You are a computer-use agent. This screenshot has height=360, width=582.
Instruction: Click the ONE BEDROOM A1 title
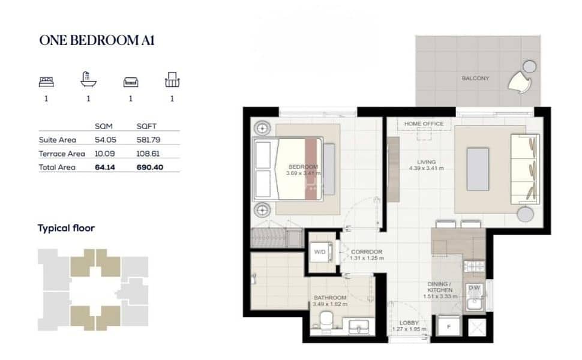point(97,40)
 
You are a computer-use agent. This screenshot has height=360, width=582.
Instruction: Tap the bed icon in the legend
point(46,82)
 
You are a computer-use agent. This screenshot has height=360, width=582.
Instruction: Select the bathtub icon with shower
point(88,79)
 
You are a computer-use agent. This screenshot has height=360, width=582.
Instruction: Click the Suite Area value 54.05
point(106,140)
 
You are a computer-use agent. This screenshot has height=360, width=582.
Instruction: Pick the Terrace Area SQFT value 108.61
point(148,154)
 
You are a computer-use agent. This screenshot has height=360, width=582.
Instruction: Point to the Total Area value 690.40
point(150,167)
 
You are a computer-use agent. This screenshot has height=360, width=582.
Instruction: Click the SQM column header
point(104,126)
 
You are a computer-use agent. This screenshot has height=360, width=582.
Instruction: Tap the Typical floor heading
point(66,228)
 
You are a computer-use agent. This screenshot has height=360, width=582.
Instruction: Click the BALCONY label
point(475,79)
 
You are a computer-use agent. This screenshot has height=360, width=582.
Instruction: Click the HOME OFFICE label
point(424,124)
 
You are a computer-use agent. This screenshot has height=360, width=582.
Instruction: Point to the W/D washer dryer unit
point(320,252)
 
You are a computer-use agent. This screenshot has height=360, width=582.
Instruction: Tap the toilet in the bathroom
point(326,320)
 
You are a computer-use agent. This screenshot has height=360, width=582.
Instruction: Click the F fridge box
point(449,326)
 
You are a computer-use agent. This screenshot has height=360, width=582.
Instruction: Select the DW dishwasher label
point(474,287)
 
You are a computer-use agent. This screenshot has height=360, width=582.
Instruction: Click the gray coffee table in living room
point(478,169)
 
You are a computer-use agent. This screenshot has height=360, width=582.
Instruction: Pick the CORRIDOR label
point(367,251)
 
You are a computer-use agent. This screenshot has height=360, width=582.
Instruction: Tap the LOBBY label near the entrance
point(409,323)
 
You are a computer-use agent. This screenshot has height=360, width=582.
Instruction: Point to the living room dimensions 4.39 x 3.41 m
point(426,168)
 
